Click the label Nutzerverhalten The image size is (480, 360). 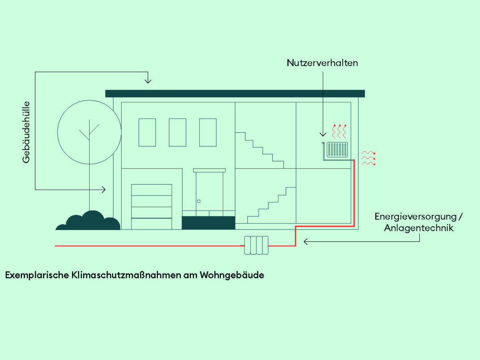pos(322,63)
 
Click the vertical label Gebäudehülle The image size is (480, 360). pos(27,132)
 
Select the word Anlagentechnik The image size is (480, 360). pos(419,228)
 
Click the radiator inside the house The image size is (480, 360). pos(338,150)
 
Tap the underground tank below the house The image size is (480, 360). pos(256,245)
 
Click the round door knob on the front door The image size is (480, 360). pos(199,201)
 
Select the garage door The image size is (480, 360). pos(152,206)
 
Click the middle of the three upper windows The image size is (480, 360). pos(178,132)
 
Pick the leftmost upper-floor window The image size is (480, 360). pos(147,132)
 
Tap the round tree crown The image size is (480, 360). pos(89,132)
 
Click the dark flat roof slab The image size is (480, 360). pos(235,94)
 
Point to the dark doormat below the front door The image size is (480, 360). pos(208,223)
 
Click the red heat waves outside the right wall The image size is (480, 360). pos(368,158)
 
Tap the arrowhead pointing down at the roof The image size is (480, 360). pos(148,81)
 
